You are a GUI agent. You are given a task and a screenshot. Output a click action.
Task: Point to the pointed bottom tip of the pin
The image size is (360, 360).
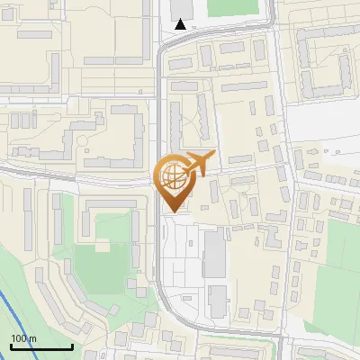click(x=173, y=212)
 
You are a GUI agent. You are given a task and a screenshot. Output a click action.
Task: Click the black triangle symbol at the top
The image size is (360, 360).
click(x=181, y=24)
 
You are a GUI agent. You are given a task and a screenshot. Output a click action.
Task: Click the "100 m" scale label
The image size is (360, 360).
click(x=24, y=338)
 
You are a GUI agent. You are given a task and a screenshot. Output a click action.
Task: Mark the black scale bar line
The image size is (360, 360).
click(x=41, y=346)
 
